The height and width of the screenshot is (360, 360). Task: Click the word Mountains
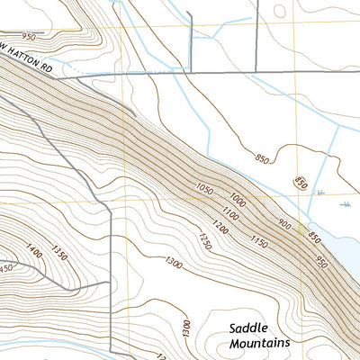click(x=260, y=344)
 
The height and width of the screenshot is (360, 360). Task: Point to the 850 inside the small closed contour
click(x=301, y=184)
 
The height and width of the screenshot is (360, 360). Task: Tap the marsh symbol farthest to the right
click(x=347, y=205)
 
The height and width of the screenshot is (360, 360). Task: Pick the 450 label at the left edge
click(x=7, y=267)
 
